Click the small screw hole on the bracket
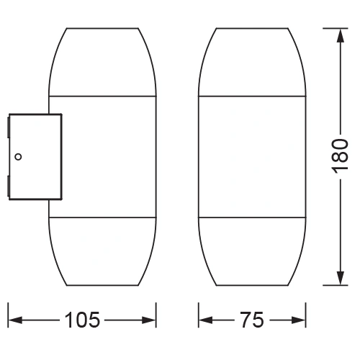tap(19, 154)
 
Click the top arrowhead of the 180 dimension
tap(340, 33)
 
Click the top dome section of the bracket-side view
tap(102, 61)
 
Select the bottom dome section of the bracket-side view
tap(102, 252)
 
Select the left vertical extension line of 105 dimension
tap(7, 313)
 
